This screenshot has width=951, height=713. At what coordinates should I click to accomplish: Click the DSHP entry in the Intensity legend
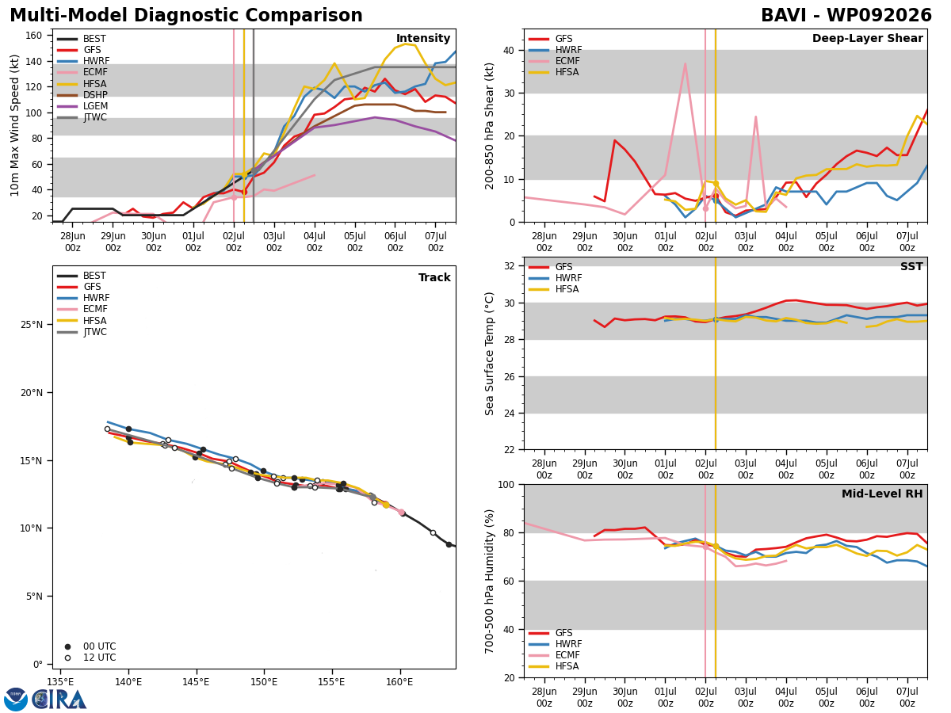click(82, 95)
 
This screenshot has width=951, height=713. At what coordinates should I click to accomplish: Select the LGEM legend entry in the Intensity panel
click(82, 106)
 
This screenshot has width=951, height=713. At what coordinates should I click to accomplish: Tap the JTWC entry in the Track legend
click(82, 332)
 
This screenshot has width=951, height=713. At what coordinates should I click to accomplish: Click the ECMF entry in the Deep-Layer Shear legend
click(554, 61)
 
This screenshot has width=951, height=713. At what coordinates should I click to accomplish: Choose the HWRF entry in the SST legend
click(555, 278)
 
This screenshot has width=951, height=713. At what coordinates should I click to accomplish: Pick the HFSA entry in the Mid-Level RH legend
click(554, 666)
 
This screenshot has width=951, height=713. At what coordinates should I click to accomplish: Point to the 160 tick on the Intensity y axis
click(34, 36)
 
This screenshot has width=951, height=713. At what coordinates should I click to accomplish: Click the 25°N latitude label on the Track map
click(31, 325)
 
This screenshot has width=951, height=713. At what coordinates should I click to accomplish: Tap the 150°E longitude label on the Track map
click(263, 682)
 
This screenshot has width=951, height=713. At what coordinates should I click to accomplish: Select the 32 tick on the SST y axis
click(510, 266)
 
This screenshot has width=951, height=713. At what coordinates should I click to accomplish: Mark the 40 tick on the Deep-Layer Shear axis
click(510, 51)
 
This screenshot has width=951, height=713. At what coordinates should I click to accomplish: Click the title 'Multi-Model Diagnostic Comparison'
click(186, 16)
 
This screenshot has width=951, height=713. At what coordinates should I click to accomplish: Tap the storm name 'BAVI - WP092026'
click(846, 16)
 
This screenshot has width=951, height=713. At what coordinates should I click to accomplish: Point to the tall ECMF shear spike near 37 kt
click(685, 63)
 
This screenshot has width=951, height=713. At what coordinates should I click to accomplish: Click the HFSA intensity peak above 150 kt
click(406, 44)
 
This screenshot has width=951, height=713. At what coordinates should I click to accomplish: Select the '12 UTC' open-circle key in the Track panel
click(91, 658)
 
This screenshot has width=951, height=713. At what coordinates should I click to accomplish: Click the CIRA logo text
click(59, 700)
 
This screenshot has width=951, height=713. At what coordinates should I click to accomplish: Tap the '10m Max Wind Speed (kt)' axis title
click(14, 125)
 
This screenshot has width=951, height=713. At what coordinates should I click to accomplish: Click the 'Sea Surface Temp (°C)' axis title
click(489, 354)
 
